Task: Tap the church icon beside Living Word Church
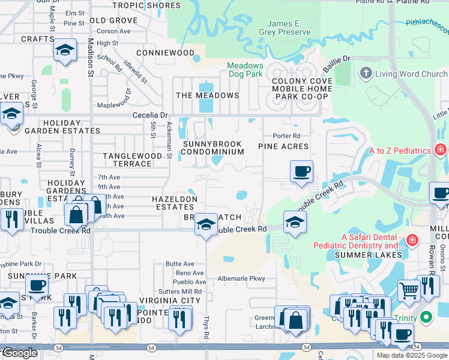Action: tap(366, 74)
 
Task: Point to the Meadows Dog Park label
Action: tap(246, 70)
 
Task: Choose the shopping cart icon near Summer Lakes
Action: tap(409, 290)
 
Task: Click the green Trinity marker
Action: tap(426, 317)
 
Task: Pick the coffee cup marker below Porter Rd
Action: tap(301, 171)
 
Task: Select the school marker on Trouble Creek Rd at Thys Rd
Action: tap(206, 226)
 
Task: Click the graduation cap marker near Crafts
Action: tap(65, 51)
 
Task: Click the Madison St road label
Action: tap(91, 57)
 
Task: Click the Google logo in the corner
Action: tap(20, 353)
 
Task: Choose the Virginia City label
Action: tap(169, 300)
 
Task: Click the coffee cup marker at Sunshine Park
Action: tap(37, 286)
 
